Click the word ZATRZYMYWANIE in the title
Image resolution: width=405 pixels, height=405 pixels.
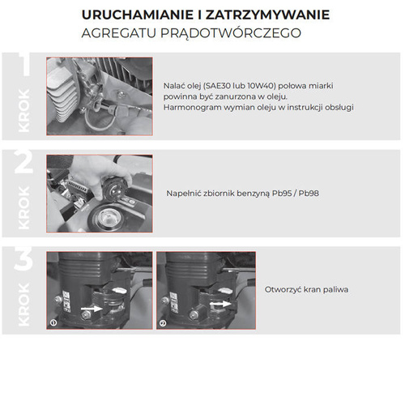click(254, 15)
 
